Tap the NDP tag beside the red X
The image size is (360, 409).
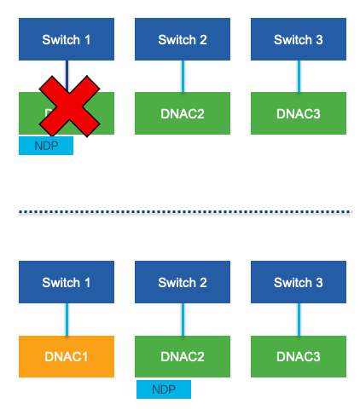[46, 146]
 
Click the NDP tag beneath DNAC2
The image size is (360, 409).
[163, 389]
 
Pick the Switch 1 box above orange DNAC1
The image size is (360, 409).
[67, 283]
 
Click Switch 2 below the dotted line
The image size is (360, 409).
[183, 283]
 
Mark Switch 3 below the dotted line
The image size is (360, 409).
[299, 283]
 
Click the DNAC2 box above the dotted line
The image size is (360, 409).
[183, 113]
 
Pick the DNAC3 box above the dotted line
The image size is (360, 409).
[299, 113]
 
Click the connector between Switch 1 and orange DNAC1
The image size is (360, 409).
[67, 320]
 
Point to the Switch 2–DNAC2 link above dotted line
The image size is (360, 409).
[183, 77]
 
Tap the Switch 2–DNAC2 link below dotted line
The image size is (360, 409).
[183, 320]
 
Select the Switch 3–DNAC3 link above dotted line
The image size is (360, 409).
[299, 77]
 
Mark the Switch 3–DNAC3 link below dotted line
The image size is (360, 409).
[299, 320]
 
